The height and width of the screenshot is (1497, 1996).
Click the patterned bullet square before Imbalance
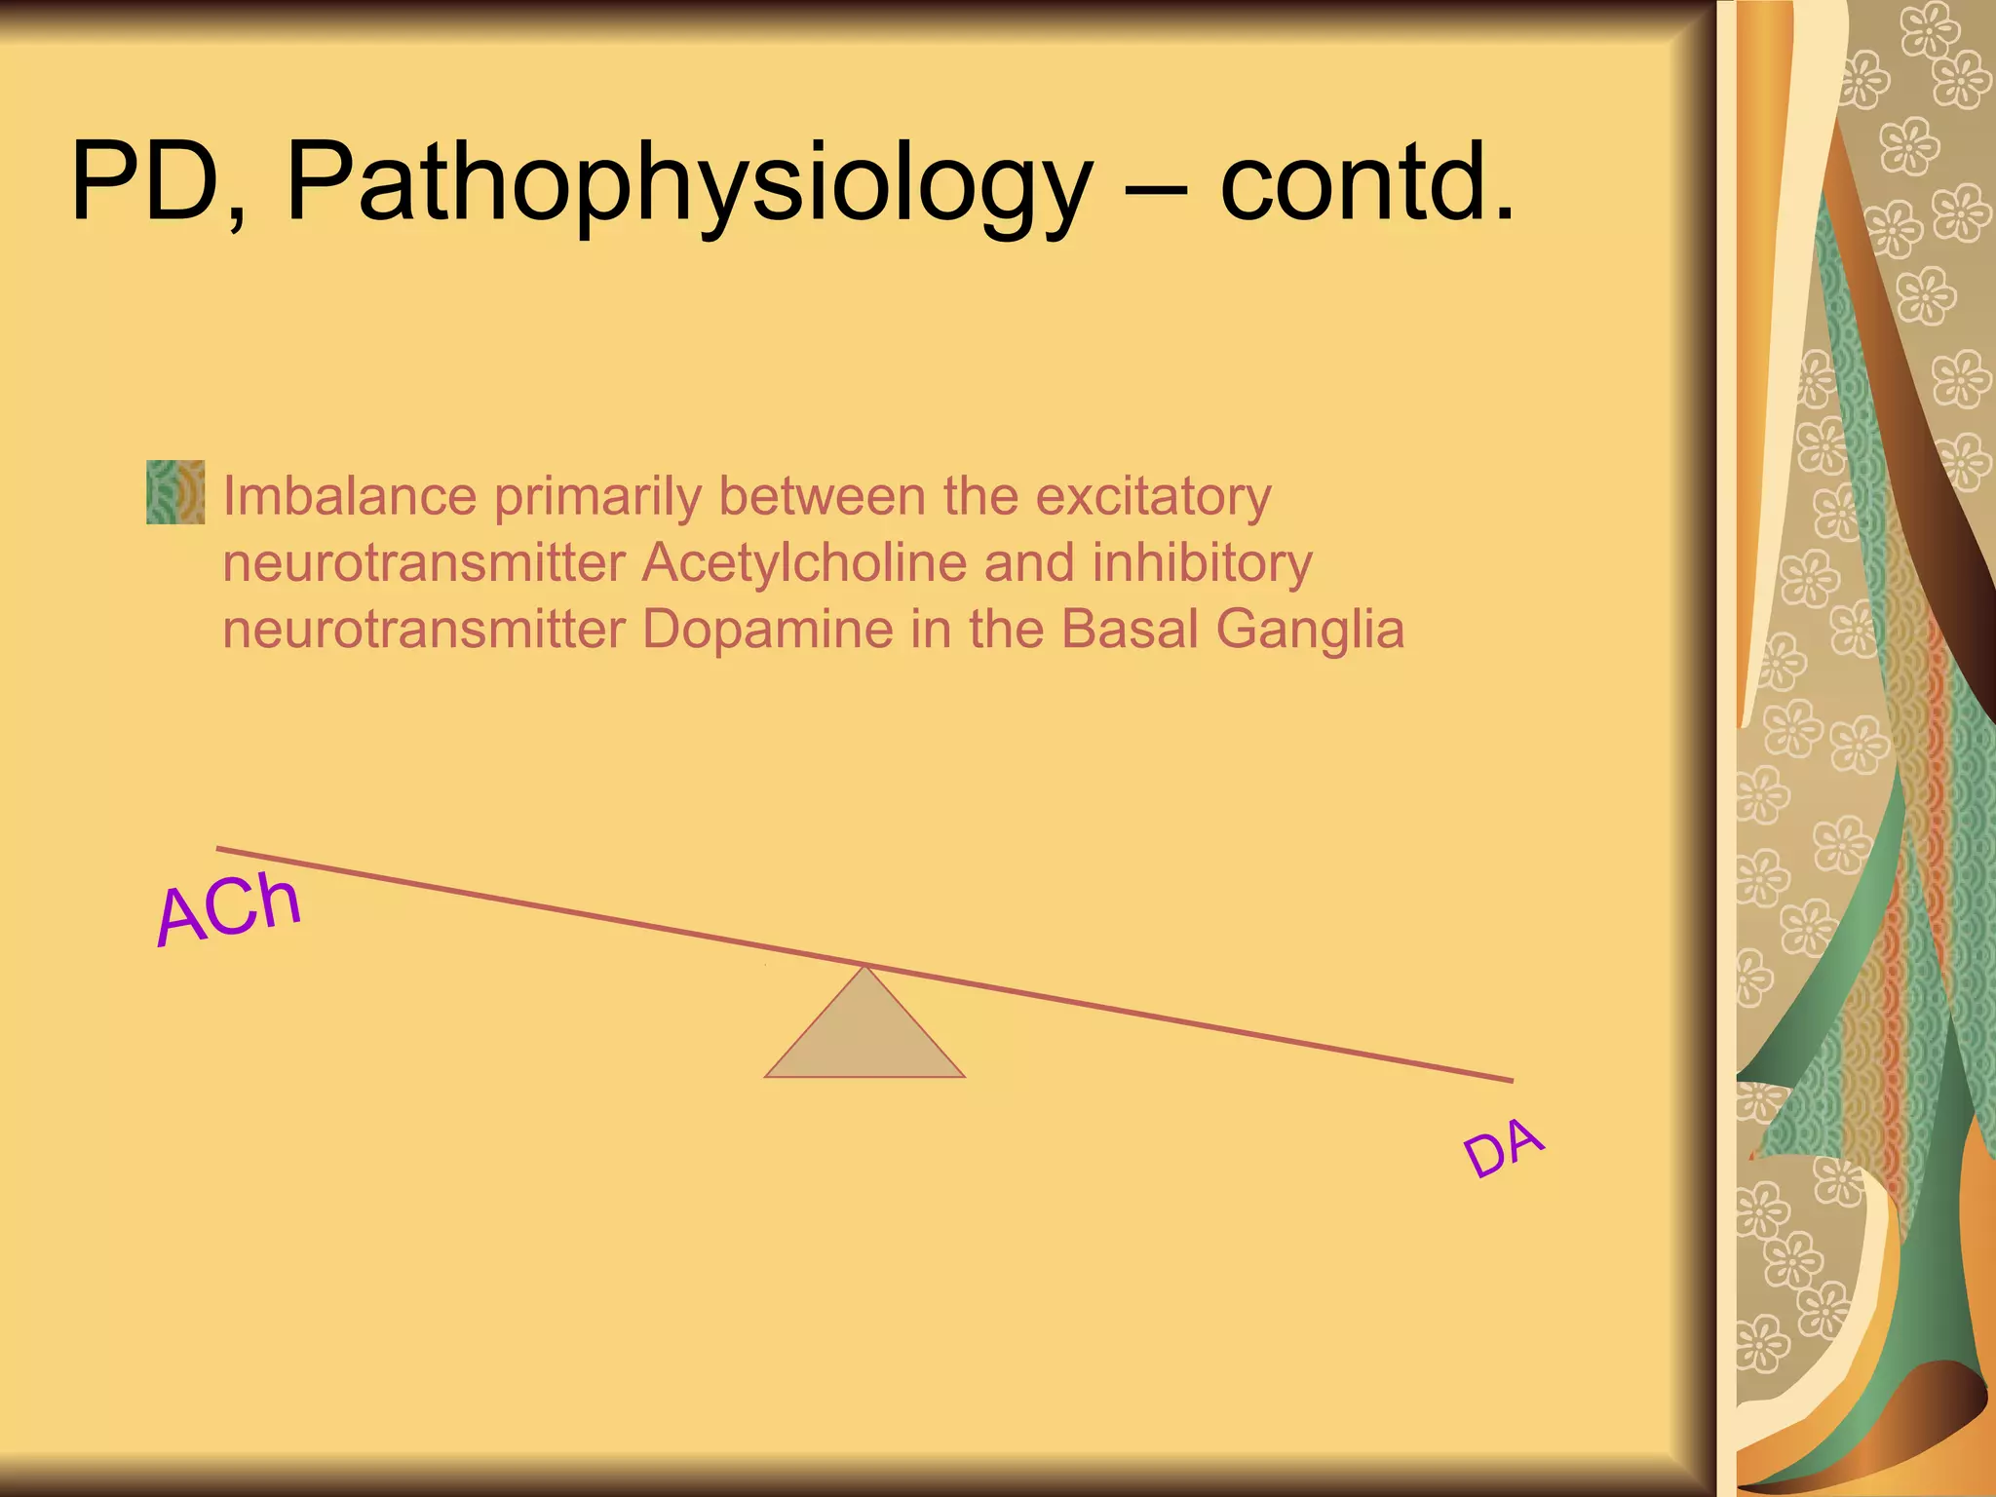coord(175,492)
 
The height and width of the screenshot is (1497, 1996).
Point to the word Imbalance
coord(350,496)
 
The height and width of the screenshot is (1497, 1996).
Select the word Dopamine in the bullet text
coord(767,629)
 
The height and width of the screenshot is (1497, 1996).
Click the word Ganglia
coord(1310,631)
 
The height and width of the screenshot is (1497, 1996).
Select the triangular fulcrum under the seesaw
coord(864,1033)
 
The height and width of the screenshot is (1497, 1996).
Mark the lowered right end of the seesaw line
coord(1509,1079)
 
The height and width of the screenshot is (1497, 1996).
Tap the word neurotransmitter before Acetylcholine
coord(424,562)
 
